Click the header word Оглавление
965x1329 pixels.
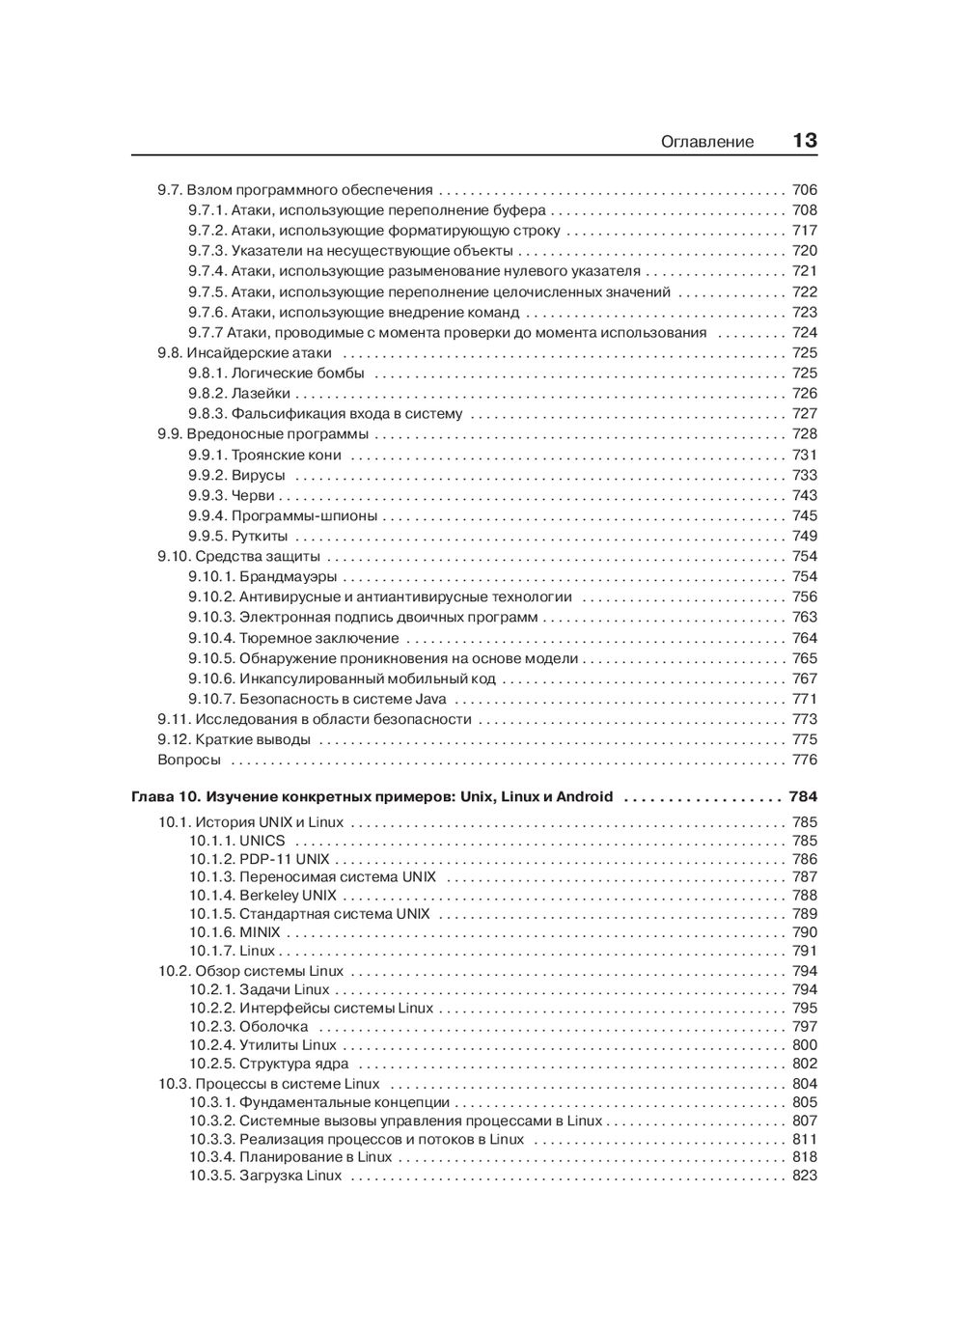pos(706,142)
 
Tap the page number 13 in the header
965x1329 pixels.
pos(805,141)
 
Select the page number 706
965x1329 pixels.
pos(804,190)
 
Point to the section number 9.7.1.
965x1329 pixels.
pos(207,210)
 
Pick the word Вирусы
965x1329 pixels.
pos(258,476)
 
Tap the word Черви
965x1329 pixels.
pos(253,496)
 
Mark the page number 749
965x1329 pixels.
pos(804,537)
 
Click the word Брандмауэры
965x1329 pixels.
pos(288,577)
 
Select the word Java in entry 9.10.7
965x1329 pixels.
pos(430,700)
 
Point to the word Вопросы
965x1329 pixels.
pos(189,761)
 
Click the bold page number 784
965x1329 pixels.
pos(802,797)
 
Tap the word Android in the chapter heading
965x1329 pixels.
pos(584,797)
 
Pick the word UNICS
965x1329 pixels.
pos(262,842)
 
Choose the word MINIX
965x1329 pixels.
pos(260,933)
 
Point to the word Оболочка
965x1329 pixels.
pos(273,1027)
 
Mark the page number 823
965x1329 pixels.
pos(804,1177)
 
